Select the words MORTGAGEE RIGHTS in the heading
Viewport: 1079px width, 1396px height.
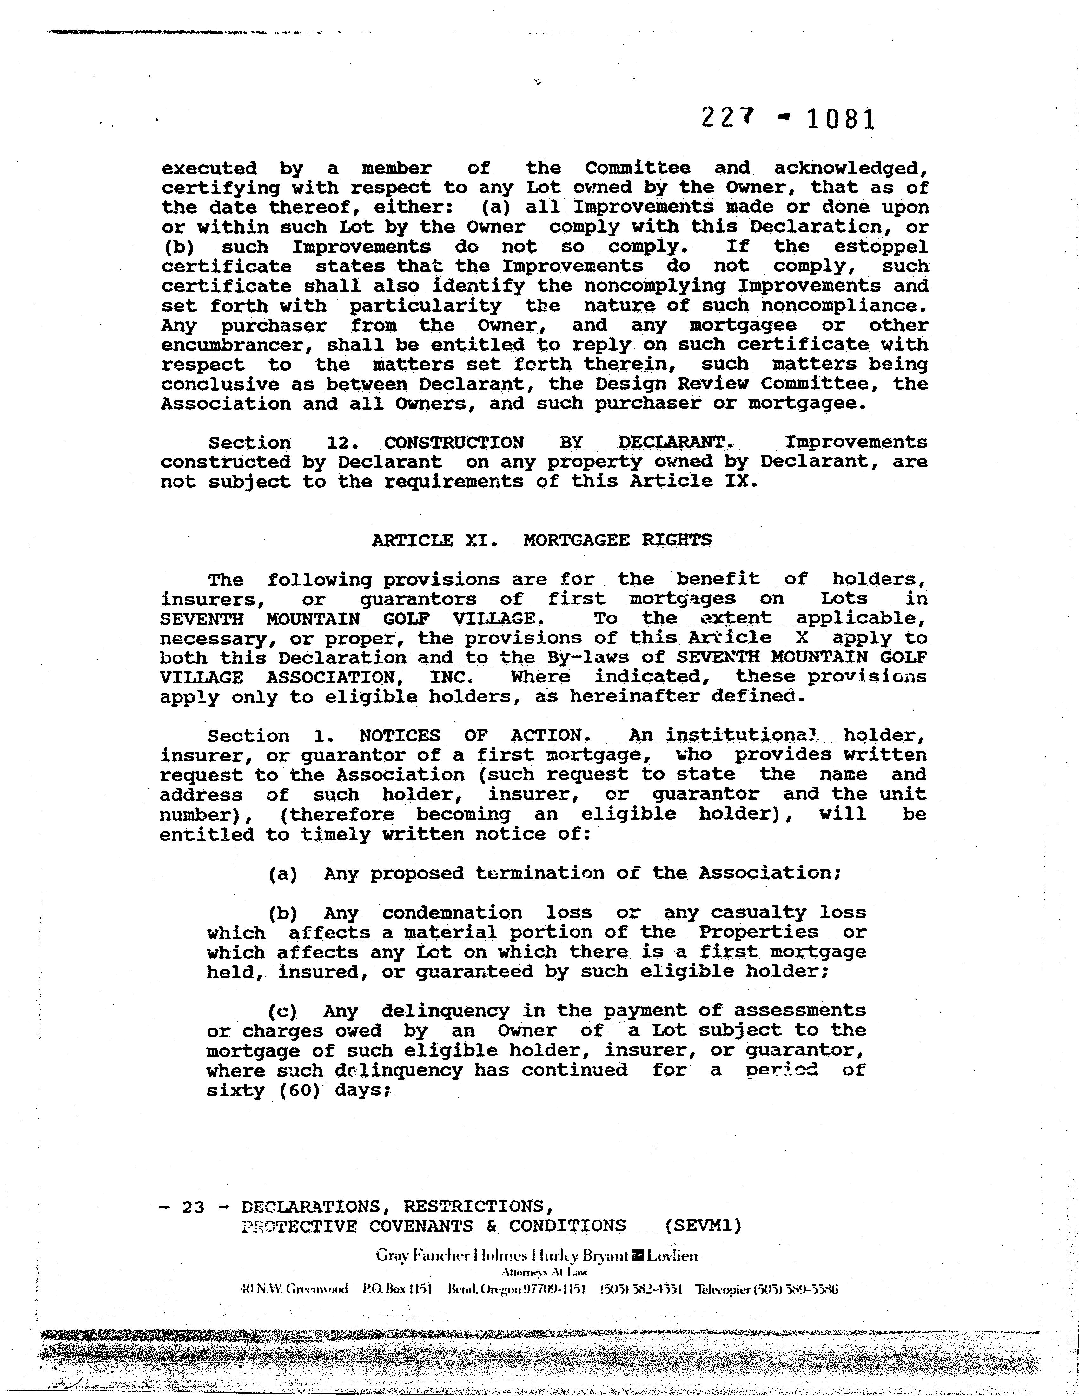pyautogui.click(x=617, y=540)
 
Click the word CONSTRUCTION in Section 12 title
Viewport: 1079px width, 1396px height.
pyautogui.click(x=454, y=442)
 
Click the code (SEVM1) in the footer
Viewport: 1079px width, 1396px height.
pyautogui.click(x=703, y=1226)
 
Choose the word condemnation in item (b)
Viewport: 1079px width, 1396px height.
pyautogui.click(x=452, y=913)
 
